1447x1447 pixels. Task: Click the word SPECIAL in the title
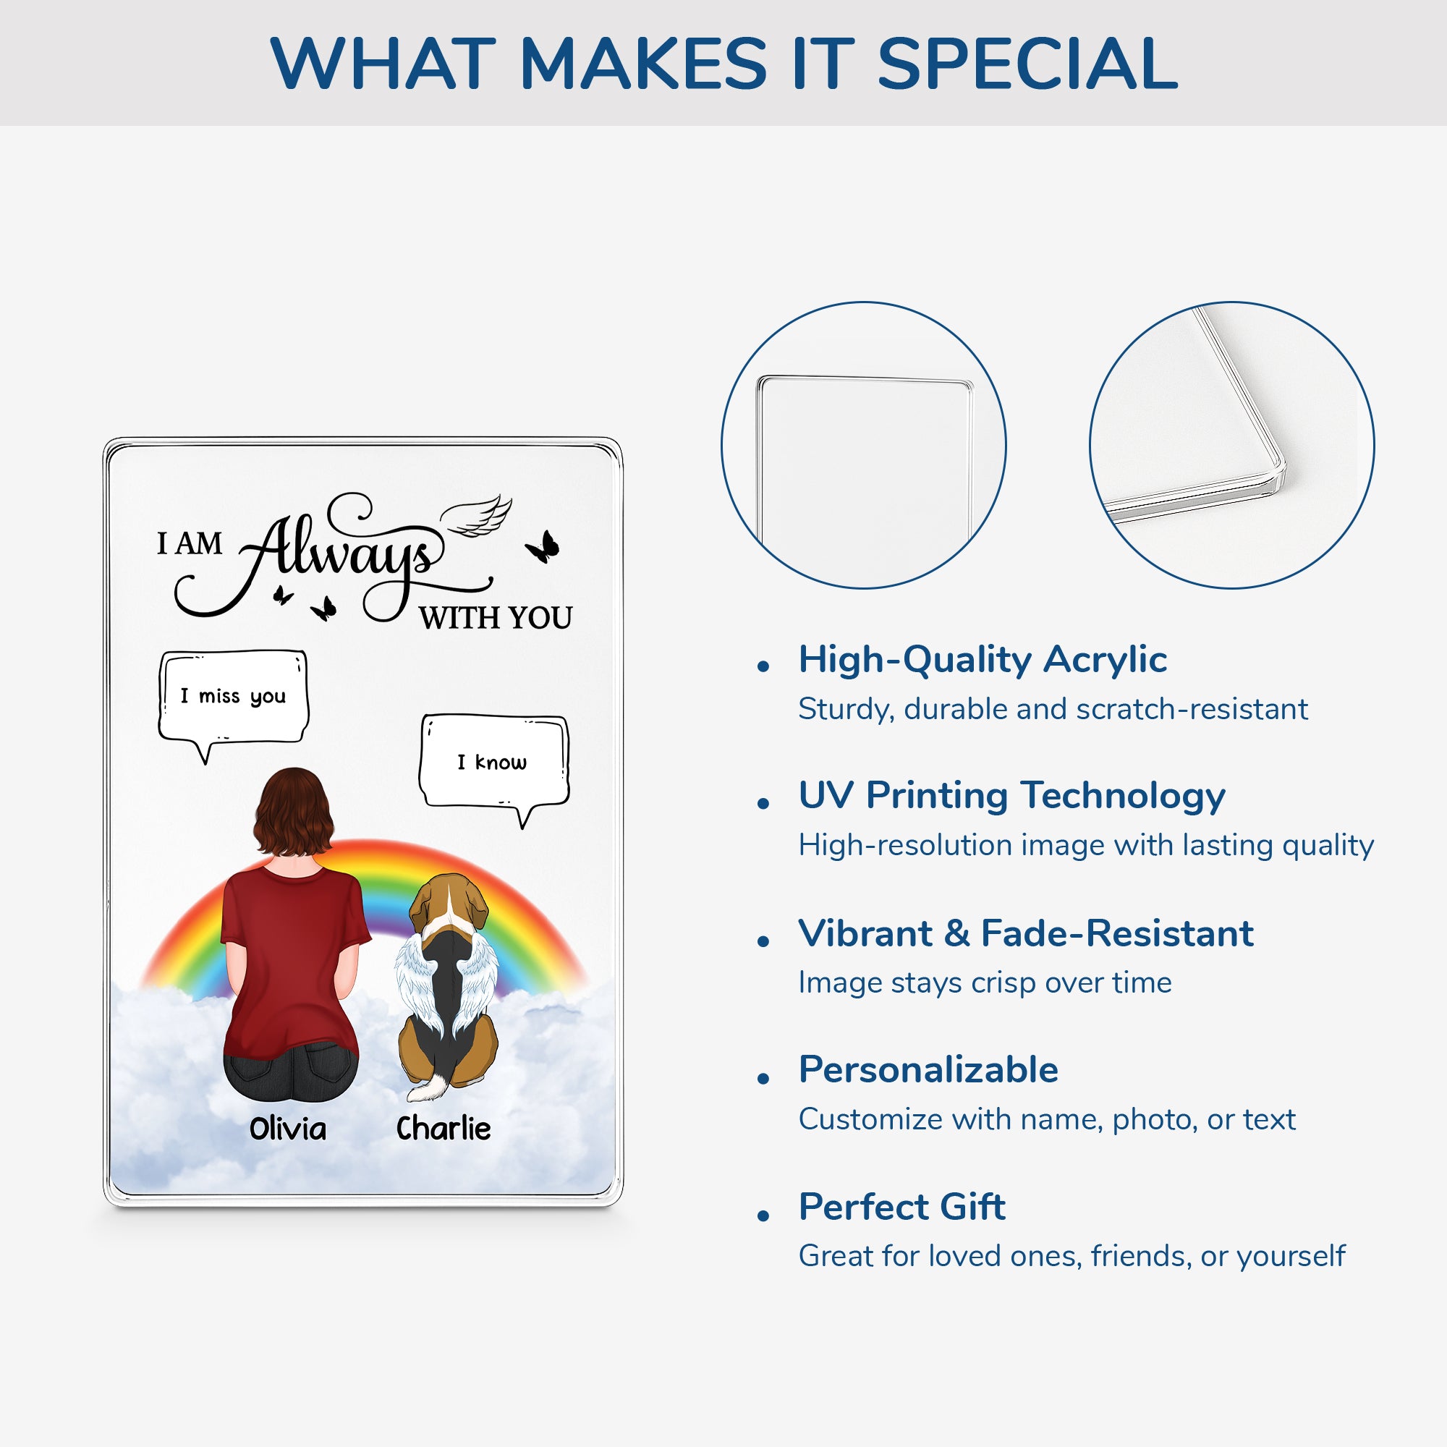[x=1027, y=64]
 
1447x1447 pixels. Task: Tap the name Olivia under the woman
[x=288, y=1128]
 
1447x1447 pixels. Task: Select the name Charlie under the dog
[x=444, y=1127]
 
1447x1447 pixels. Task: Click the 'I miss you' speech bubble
[x=233, y=700]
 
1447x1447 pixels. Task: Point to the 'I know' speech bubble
[x=493, y=765]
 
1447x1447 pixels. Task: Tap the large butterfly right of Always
[x=543, y=546]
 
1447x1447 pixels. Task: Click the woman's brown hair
[x=294, y=812]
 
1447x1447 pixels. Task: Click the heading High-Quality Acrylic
[x=983, y=661]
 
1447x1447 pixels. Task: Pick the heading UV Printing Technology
[x=1012, y=796]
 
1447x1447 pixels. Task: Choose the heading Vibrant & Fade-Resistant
[x=1026, y=933]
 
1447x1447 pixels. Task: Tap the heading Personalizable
[x=929, y=1069]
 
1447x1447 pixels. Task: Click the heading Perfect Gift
[x=901, y=1207]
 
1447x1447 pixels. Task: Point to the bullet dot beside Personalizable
[x=763, y=1079]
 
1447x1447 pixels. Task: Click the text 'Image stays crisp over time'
[x=985, y=983]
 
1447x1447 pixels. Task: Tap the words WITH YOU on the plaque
[x=496, y=618]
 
